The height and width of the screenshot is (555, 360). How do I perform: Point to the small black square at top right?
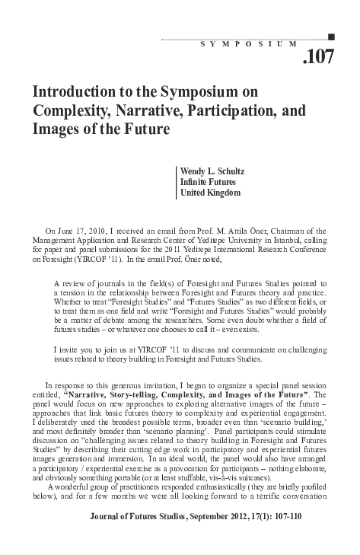[330, 36]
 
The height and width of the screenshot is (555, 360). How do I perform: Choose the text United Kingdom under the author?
[210, 194]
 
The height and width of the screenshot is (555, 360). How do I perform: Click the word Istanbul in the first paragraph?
[281, 242]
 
